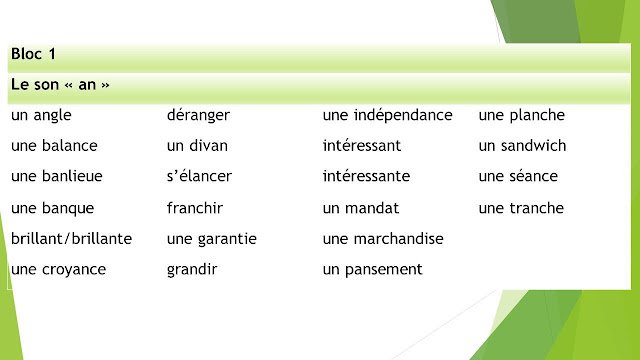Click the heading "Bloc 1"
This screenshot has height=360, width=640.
coord(34,53)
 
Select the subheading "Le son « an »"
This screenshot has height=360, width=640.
coord(60,85)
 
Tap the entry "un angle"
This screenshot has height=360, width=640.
coord(41,116)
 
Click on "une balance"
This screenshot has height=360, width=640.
coord(54,146)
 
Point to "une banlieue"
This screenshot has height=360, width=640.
coord(56,176)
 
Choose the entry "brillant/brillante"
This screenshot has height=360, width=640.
coord(71,239)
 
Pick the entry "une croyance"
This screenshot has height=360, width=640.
coord(58,269)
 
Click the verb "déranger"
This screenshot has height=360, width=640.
coord(199,116)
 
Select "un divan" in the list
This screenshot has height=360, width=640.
coord(197,146)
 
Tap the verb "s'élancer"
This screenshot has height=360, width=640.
coord(199,176)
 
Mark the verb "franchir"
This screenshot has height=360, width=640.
coord(195,208)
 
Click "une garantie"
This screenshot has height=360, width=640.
coord(212,239)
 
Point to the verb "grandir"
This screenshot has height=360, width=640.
coord(192,269)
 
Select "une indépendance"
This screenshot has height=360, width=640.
coord(388,116)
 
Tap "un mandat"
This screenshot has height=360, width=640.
coord(361,208)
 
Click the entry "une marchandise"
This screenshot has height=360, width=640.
coord(383,239)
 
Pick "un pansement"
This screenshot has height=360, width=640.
coord(373,269)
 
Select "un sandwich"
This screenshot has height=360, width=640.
coord(522,146)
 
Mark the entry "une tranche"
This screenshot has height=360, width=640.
coord(521,208)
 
